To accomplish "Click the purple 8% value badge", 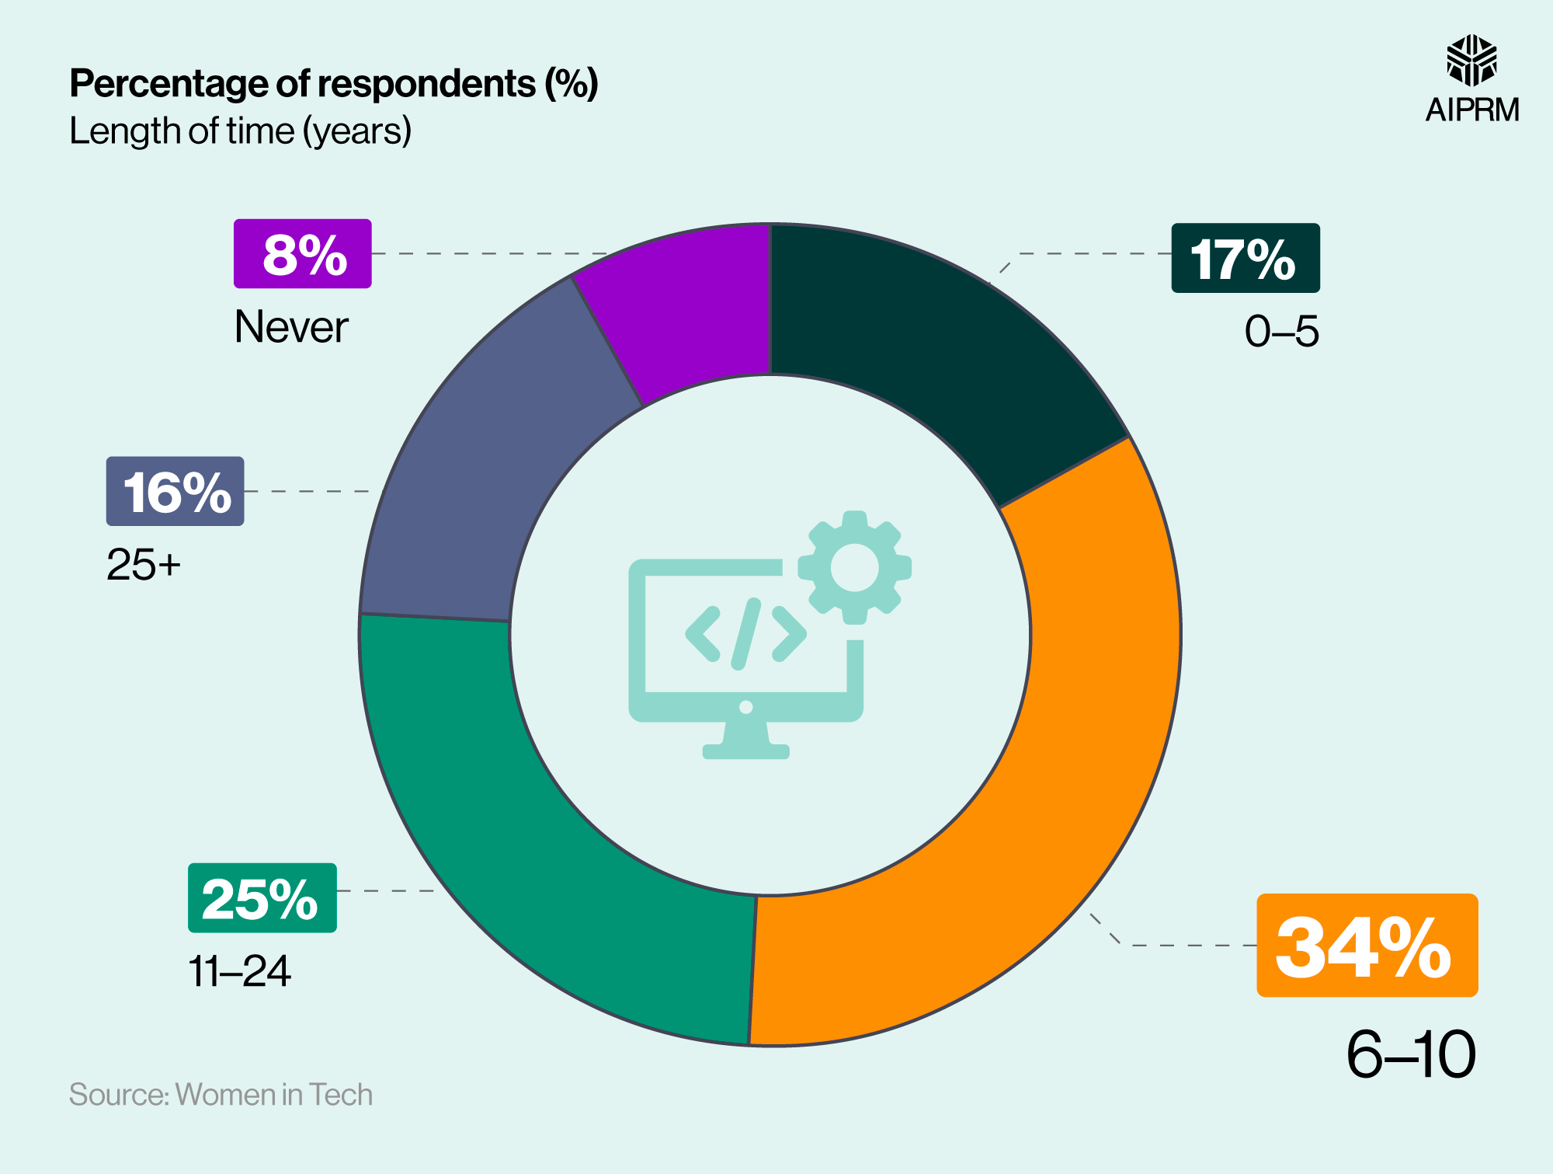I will pyautogui.click(x=303, y=254).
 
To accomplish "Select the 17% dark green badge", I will pyautogui.click(x=1245, y=258).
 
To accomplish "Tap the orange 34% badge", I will pyautogui.click(x=1367, y=946).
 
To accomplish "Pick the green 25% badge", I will pyautogui.click(x=262, y=898).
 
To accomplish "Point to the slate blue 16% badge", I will pyautogui.click(x=175, y=491).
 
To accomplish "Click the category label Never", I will pyautogui.click(x=291, y=326).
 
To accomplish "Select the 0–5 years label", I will pyautogui.click(x=1281, y=332).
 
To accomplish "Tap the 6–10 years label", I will pyautogui.click(x=1410, y=1054).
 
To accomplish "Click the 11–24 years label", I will pyautogui.click(x=239, y=971).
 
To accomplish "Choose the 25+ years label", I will pyautogui.click(x=144, y=564).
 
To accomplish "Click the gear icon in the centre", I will pyautogui.click(x=854, y=567).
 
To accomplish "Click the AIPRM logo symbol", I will pyautogui.click(x=1471, y=61).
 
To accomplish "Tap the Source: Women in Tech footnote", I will pyautogui.click(x=221, y=1094).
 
